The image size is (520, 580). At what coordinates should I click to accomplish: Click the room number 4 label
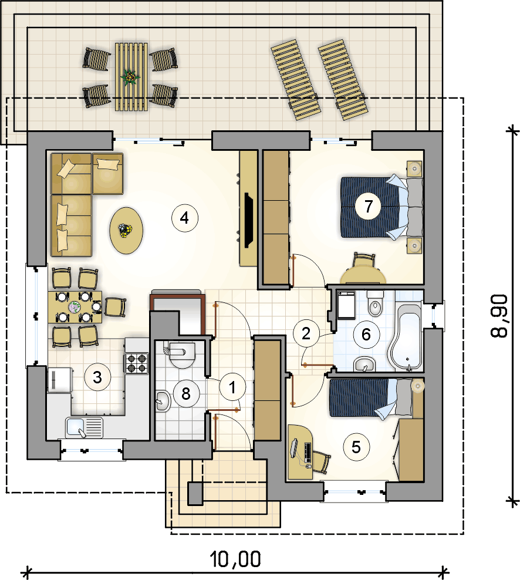coord(185,218)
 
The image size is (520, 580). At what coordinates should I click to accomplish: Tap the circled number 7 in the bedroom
coord(369,206)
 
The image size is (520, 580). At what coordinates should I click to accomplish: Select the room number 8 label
coord(186,393)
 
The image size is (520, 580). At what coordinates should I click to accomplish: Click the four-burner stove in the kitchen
coord(137,363)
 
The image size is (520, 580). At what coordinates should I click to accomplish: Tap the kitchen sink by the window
coord(85,427)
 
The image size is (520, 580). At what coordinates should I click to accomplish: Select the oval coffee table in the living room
coord(127,231)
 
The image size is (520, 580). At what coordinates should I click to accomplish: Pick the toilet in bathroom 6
coord(376,304)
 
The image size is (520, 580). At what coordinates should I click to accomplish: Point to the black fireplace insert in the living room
coord(248,220)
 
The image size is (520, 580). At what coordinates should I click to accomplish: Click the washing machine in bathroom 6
coord(346,305)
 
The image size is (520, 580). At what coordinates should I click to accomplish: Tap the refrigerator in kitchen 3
coord(59,380)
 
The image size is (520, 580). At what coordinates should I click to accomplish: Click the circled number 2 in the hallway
coord(306,333)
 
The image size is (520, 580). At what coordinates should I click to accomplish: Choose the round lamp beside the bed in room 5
coord(417,386)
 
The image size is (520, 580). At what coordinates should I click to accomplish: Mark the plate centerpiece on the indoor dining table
coord(75,307)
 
